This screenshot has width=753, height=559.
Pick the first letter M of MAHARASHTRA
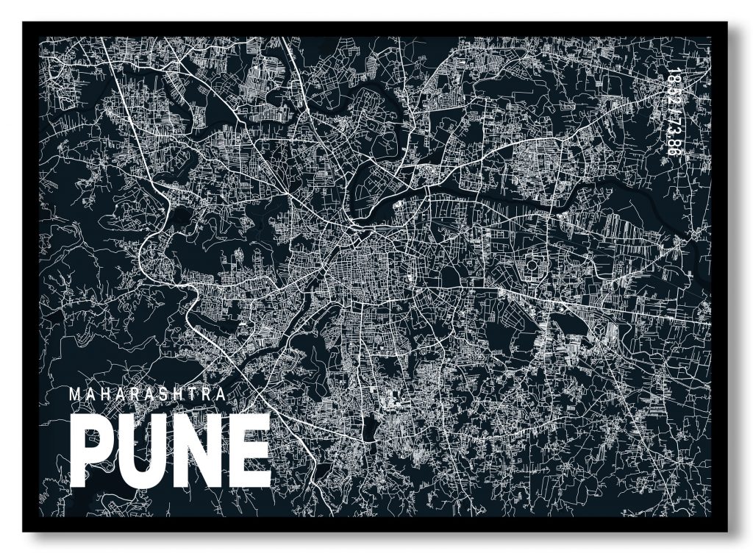click(75, 394)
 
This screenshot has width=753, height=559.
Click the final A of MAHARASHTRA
click(221, 394)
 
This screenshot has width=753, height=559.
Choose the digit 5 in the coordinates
click(671, 93)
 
